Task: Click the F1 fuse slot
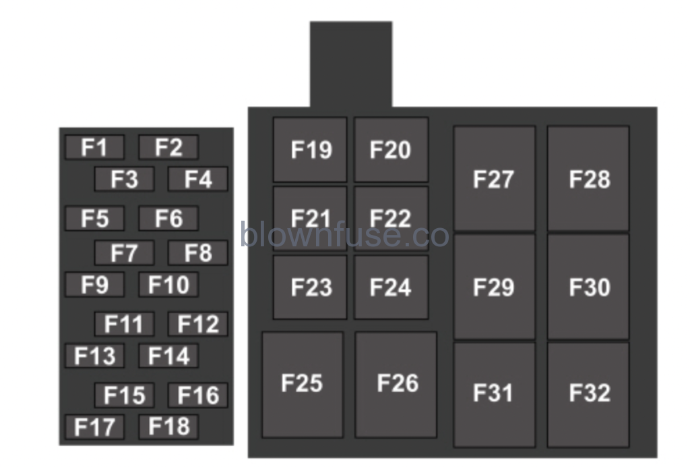94,147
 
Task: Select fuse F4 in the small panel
197,179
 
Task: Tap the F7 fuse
124,253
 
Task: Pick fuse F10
168,285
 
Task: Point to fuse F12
197,324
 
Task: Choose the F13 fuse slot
94,356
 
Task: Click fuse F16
197,395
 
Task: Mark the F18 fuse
168,427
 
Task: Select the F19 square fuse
310,149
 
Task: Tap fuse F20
391,149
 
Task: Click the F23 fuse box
310,287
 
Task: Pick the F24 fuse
391,287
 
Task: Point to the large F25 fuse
302,384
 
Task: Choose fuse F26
396,384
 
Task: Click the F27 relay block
494,179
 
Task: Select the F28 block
588,179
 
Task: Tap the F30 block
588,287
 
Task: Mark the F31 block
494,393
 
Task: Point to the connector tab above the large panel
350,64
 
